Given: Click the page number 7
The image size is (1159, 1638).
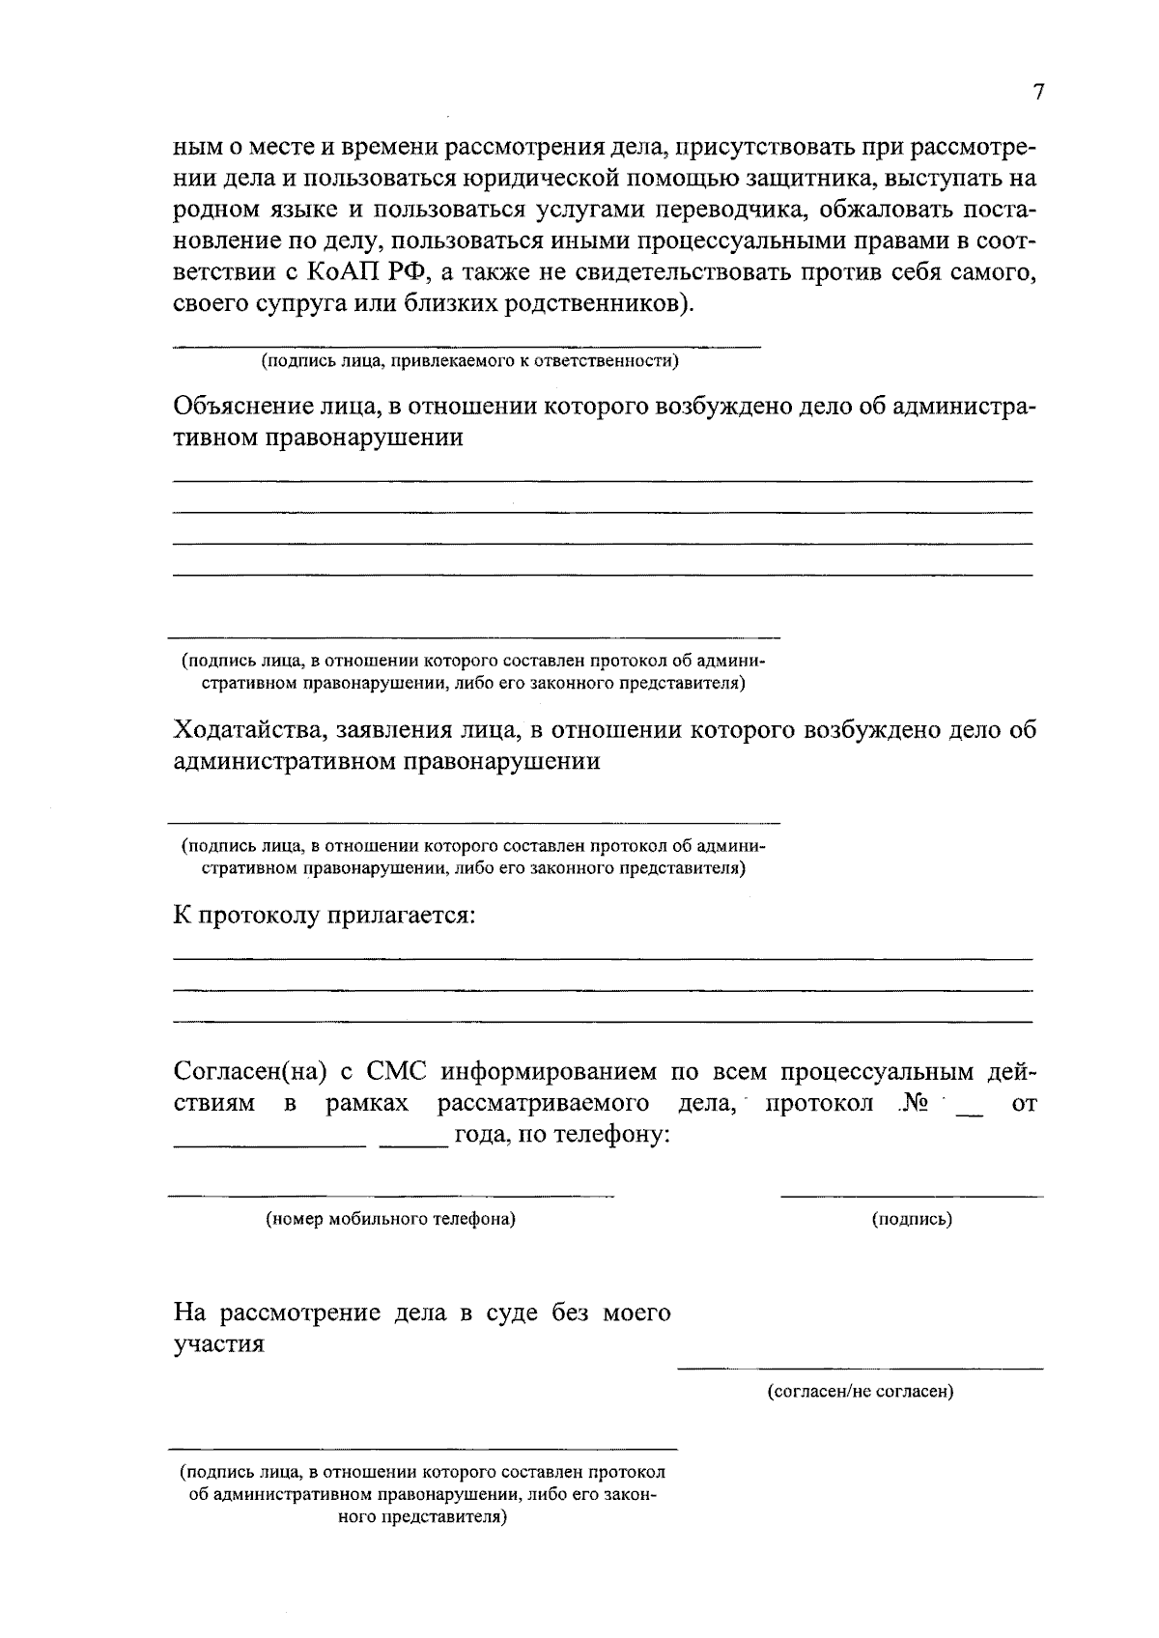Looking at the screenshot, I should click(1038, 93).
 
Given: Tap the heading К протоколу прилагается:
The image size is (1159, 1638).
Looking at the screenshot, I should click(325, 915).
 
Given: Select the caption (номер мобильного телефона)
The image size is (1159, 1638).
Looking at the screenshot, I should click(391, 1219).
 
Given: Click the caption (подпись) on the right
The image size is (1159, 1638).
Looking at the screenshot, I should click(912, 1219).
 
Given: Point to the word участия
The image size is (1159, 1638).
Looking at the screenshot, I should click(219, 1344).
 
